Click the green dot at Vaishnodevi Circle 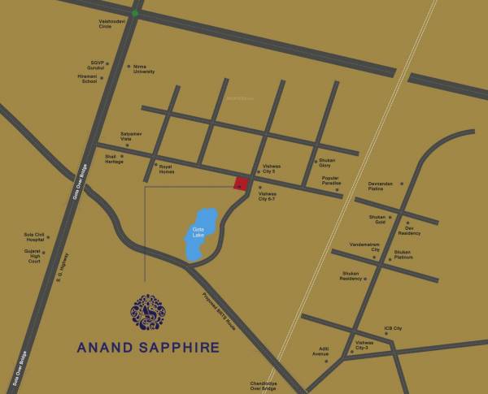(135, 13)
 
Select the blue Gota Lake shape (203, 234)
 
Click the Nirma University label (144, 69)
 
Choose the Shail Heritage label (115, 159)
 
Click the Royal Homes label (166, 169)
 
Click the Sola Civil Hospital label (34, 237)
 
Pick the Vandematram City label (364, 246)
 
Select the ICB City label (393, 329)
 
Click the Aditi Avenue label (320, 352)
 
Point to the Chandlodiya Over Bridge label (264, 386)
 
